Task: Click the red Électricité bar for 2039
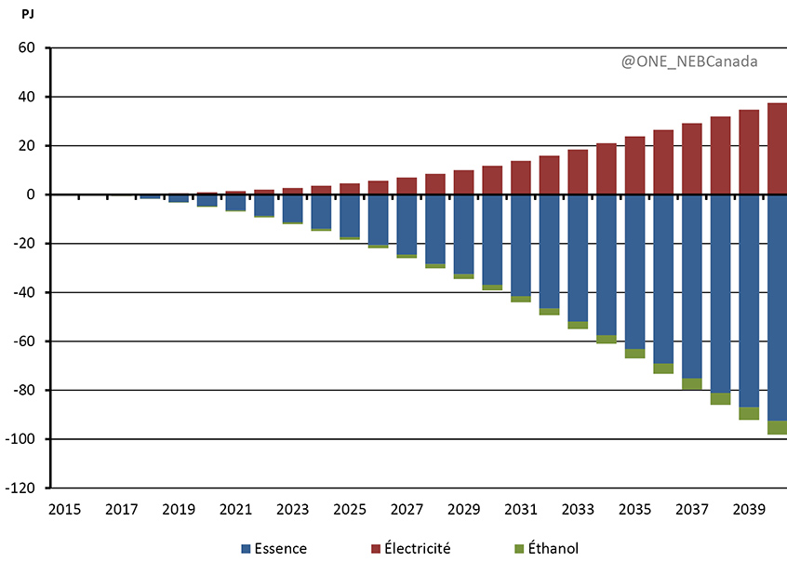click(749, 153)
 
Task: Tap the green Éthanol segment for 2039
click(749, 413)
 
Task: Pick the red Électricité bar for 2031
click(521, 178)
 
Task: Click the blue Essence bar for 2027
click(407, 224)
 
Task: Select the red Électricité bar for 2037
click(692, 159)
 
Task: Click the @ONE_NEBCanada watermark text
click(689, 61)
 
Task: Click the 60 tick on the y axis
click(26, 48)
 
